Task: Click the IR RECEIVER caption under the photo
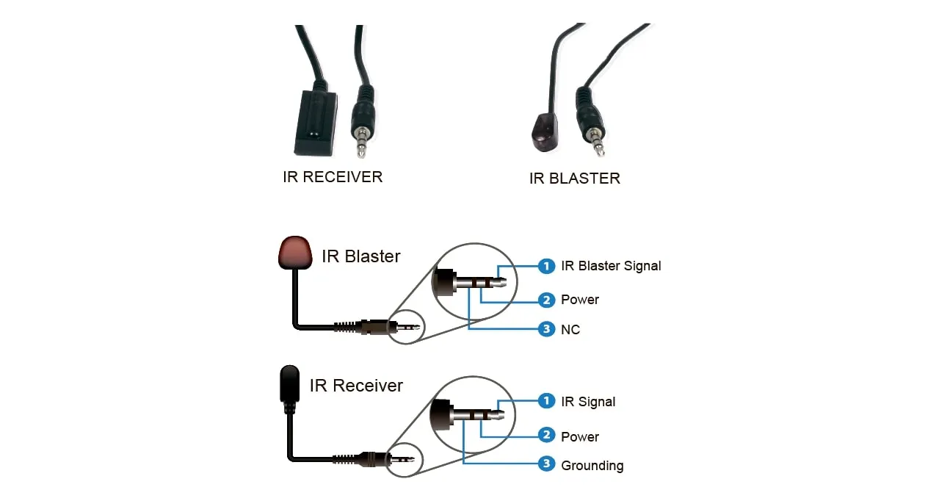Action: tap(332, 177)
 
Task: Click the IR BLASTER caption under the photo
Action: tap(574, 179)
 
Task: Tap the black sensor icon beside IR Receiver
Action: tap(290, 383)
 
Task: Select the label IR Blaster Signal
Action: tap(611, 266)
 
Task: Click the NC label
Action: tap(570, 330)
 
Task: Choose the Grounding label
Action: tap(592, 466)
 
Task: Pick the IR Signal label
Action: tap(588, 402)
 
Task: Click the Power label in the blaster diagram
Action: tap(580, 300)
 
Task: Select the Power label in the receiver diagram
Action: tap(580, 437)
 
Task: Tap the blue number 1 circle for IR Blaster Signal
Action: tap(546, 265)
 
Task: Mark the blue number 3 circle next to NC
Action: tap(546, 329)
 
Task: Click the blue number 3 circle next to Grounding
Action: tap(546, 464)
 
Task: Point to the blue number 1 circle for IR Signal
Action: tap(546, 401)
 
